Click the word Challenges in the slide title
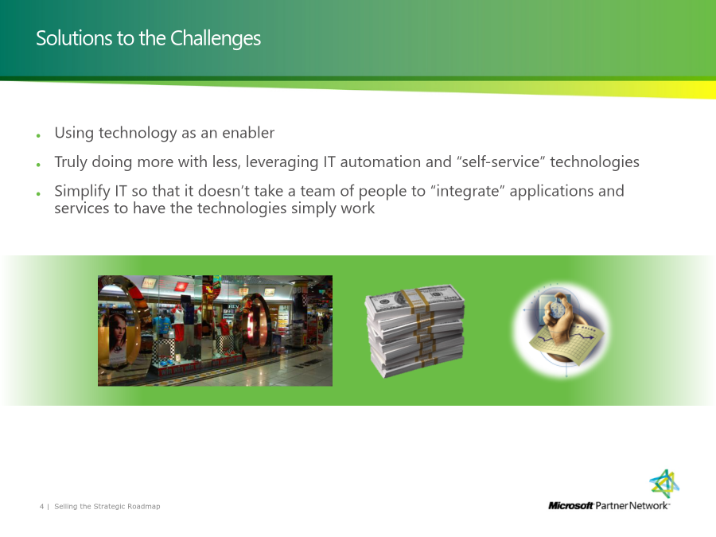coord(216,39)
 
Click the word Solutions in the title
coord(75,38)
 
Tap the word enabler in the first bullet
coord(248,132)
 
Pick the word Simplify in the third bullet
coord(82,191)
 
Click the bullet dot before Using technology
coord(38,135)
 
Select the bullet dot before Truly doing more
coord(38,165)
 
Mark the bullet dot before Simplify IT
coord(38,194)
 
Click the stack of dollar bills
coord(414,331)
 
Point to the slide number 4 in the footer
coord(41,507)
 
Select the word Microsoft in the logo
coord(570,505)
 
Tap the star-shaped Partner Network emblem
coord(664,484)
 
